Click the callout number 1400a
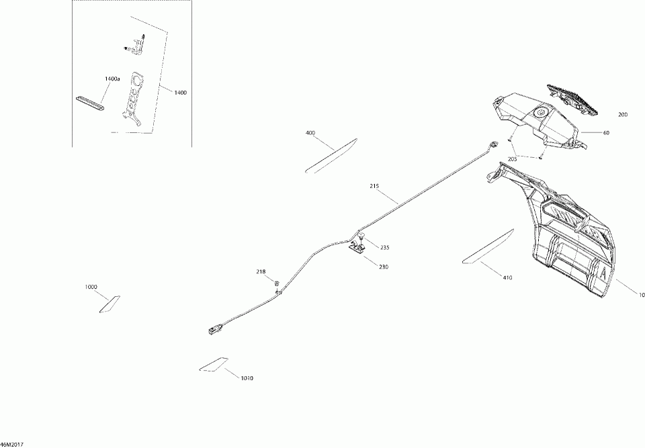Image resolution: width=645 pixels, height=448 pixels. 112,79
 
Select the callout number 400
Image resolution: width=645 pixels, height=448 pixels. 310,133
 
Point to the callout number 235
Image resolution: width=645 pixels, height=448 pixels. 384,248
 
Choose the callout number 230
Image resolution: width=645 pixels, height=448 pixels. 383,267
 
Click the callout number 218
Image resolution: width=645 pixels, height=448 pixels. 261,271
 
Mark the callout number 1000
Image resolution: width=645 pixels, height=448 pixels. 91,287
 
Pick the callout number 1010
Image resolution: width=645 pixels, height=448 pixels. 247,379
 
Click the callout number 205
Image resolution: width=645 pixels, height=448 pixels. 513,159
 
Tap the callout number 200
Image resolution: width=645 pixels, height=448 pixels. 623,115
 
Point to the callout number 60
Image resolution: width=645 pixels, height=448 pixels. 606,133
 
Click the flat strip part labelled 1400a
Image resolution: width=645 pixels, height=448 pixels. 90,99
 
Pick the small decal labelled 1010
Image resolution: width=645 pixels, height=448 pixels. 214,363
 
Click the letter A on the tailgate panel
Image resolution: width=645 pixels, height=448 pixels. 603,273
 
